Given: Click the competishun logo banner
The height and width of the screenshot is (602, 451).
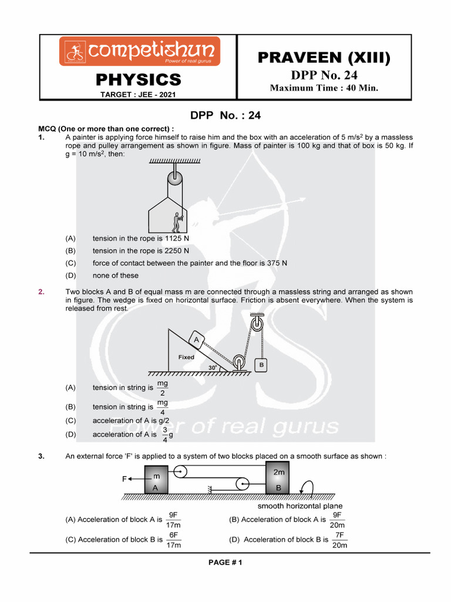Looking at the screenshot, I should tap(139, 51).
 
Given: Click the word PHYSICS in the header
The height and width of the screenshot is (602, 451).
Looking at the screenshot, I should tap(139, 79).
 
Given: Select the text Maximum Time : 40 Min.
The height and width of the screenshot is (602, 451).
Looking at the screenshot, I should tap(324, 88).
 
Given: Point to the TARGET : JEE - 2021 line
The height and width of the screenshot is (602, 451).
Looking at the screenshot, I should tap(139, 95).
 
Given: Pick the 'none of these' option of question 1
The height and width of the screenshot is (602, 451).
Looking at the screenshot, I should tap(116, 275).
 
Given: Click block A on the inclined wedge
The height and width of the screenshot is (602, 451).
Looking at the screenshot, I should tap(196, 339).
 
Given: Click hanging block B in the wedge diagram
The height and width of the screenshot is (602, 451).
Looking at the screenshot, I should tap(261, 365).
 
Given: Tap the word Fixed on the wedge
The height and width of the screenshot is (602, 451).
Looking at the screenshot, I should tap(186, 357).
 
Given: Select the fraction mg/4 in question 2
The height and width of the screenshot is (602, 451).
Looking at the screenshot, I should tap(163, 407).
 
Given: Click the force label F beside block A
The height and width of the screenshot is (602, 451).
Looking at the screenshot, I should tap(124, 479).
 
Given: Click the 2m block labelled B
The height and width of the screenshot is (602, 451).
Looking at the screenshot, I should tap(278, 480).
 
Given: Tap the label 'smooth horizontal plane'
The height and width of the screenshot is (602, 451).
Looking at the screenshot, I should tap(300, 506).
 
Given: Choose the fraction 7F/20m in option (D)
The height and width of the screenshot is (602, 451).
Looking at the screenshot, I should tap(339, 540).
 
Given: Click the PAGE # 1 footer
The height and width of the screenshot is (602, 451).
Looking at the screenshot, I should tap(225, 563).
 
